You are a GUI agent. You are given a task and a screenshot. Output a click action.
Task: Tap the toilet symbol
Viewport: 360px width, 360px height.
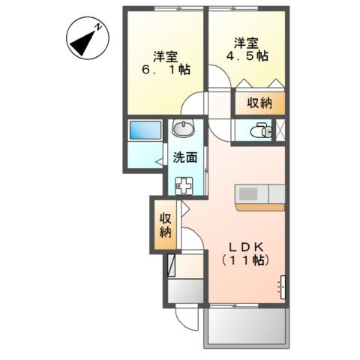[259, 130]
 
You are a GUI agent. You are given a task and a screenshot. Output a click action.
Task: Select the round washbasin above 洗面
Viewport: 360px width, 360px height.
[184, 127]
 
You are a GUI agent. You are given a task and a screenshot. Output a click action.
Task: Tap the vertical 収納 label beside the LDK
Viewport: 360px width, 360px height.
[164, 225]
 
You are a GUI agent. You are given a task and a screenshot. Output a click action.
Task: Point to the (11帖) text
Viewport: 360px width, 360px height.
[244, 260]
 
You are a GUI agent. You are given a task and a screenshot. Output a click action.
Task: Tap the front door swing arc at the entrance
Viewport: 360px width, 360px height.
[185, 316]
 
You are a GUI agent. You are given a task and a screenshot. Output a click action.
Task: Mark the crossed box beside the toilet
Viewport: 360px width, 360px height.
[280, 130]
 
